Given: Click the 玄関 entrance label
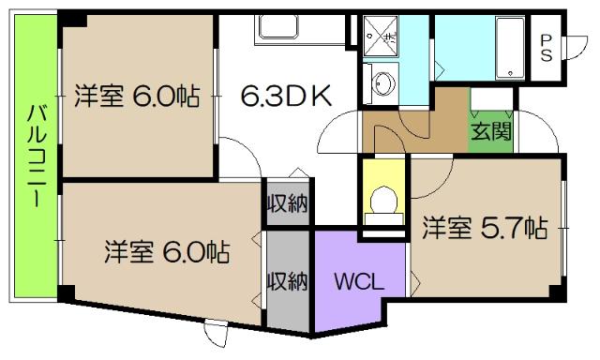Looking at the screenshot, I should tap(491, 130).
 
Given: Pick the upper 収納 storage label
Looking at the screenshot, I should tap(287, 203).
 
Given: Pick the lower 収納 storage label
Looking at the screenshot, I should tap(287, 281).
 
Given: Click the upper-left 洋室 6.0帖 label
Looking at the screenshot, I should tap(137, 97).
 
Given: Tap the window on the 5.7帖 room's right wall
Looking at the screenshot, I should tap(564, 226).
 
